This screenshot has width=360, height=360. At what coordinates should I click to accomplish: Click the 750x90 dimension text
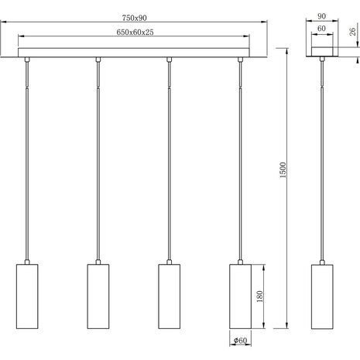(134, 19)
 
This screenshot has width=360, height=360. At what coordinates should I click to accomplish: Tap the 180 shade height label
(260, 296)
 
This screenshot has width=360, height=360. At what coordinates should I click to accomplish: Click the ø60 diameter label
(238, 339)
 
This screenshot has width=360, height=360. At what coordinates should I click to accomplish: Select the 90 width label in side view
(321, 15)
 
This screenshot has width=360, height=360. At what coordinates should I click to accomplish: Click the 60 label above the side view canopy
(321, 29)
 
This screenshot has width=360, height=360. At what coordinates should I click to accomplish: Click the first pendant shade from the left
(27, 297)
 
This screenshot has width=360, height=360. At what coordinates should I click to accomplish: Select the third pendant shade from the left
(169, 297)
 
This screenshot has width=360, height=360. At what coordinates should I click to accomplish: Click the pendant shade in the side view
(321, 297)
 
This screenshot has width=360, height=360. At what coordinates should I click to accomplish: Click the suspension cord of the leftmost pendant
(27, 155)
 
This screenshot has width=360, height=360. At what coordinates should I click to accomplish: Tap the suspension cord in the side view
(321, 155)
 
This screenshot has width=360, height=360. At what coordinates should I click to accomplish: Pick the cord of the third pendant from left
(169, 155)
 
